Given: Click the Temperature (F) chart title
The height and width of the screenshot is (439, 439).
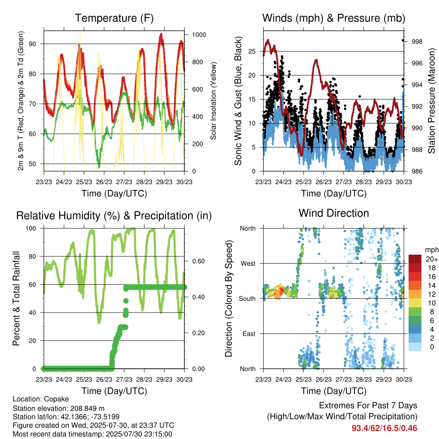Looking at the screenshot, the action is click(x=114, y=18).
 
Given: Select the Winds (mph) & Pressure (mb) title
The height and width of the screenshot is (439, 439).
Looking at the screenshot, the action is click(x=334, y=18).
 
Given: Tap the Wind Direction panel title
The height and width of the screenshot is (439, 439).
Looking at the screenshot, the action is click(x=334, y=213).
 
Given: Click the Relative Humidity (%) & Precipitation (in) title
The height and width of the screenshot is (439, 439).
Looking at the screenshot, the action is click(x=114, y=216).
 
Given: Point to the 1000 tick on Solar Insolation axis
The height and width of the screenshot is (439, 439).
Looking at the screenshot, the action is click(x=199, y=35).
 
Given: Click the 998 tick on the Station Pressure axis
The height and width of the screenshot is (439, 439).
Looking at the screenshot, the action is click(x=417, y=42).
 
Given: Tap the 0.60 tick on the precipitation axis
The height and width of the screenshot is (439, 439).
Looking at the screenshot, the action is click(x=198, y=261).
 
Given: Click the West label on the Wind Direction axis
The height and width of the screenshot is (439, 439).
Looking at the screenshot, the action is click(x=248, y=264).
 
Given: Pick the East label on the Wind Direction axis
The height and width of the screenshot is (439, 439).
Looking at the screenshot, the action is click(x=249, y=334).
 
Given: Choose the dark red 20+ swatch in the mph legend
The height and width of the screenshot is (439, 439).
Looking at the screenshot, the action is click(x=415, y=259).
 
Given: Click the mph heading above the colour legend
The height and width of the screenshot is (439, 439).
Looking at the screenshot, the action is click(x=431, y=250).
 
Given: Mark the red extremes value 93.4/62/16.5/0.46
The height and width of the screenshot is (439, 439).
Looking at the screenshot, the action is click(x=385, y=428).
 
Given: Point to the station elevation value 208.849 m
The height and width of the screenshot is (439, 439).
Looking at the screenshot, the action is click(x=87, y=408).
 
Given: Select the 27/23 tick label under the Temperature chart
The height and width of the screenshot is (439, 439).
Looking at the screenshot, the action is click(x=124, y=182).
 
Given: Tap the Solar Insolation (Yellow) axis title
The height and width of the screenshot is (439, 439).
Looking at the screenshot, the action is click(x=213, y=101).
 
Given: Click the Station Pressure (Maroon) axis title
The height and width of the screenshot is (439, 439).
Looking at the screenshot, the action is click(x=431, y=101).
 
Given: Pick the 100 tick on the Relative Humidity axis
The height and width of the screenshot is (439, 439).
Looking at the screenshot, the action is click(x=31, y=229).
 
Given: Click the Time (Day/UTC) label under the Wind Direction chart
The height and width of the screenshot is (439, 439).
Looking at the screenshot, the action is click(x=334, y=391).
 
